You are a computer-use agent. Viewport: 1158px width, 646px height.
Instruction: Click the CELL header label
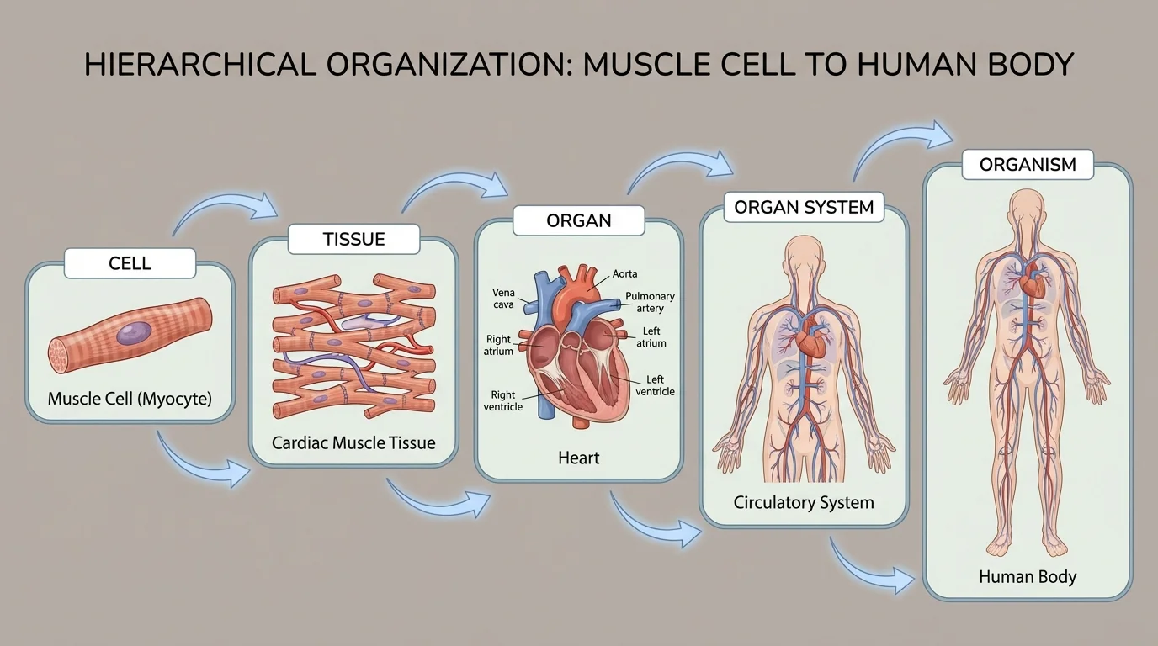click(130, 263)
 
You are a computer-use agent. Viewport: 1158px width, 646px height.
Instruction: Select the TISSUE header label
click(353, 239)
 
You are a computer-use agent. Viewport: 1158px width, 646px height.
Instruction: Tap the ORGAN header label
click(578, 221)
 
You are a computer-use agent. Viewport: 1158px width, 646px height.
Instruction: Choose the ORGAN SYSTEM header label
click(804, 207)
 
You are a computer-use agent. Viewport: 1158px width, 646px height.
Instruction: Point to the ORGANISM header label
click(1028, 165)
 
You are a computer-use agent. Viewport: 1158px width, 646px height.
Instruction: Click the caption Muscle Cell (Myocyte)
click(130, 398)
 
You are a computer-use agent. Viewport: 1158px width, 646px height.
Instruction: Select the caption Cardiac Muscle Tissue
click(353, 442)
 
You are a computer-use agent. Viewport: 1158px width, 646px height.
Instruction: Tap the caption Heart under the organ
click(579, 458)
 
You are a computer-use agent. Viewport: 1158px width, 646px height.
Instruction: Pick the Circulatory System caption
click(804, 503)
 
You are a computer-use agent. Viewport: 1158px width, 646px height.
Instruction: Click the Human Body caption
click(1028, 577)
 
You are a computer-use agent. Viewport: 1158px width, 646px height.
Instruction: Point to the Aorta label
click(624, 274)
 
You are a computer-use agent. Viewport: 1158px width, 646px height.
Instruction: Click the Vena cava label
click(503, 299)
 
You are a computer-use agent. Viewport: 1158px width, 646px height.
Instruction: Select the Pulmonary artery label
click(650, 303)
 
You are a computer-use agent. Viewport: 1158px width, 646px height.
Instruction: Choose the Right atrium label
click(498, 346)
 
